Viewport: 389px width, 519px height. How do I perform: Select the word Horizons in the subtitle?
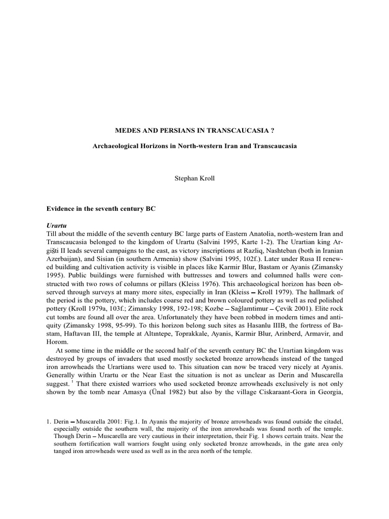click(159, 146)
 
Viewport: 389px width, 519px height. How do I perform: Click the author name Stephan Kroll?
click(194, 179)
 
